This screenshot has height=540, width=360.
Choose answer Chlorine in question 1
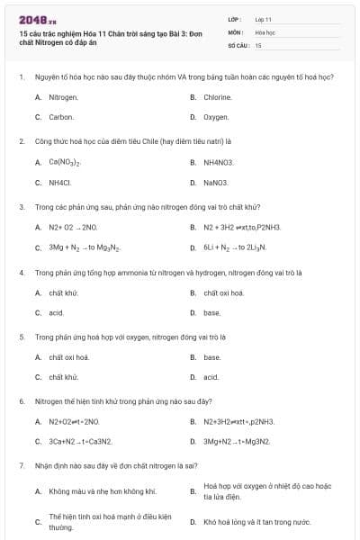[218, 96]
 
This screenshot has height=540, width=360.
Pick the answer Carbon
[61, 117]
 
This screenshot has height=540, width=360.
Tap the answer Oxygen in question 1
[216, 117]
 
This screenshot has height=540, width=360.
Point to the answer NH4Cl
[60, 182]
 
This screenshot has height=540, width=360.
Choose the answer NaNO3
[216, 182]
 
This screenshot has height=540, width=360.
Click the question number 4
[21, 272]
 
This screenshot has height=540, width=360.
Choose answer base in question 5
[212, 357]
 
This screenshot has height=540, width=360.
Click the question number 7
[21, 466]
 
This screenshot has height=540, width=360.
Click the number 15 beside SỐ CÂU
[258, 44]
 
